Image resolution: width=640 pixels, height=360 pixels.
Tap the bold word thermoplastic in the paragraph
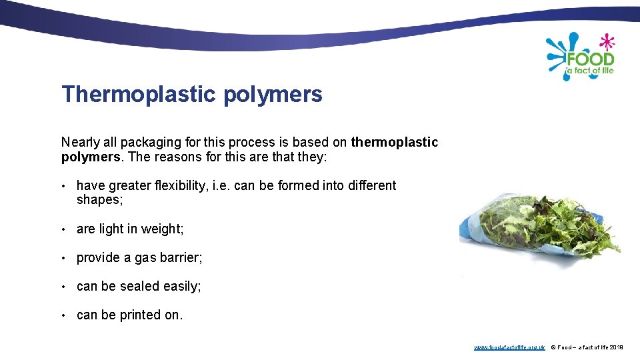[395, 142]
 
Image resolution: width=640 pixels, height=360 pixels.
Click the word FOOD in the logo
[590, 59]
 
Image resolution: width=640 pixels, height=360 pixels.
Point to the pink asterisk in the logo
[605, 41]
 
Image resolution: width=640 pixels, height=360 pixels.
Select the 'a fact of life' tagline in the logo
[589, 71]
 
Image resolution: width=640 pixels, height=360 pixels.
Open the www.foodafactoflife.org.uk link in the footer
[509, 347]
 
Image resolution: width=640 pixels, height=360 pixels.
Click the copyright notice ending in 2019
[587, 347]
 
